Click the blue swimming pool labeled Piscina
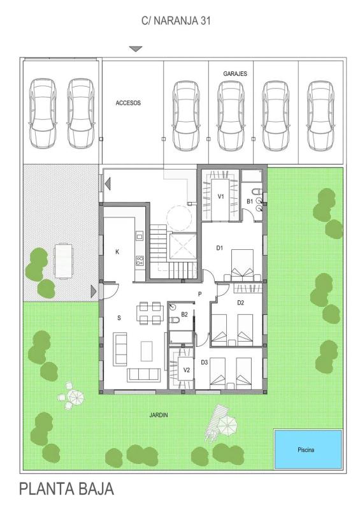pos(308,449)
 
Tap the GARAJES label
pos(235,74)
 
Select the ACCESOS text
pos(128,103)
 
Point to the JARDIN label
pos(159,415)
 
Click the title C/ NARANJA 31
pos(176,21)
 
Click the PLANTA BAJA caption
pos(67,489)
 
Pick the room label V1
pos(221,196)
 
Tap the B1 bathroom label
pos(249,201)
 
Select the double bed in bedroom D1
pos(242,265)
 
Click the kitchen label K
pos(117,252)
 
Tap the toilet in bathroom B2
pos(175,320)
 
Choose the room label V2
pos(186,370)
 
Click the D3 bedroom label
pos(204,362)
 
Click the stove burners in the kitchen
pos(140,260)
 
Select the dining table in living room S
pos(150,313)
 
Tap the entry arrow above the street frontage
pos(136,49)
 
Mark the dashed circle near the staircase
pos(179,218)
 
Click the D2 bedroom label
pos(240,303)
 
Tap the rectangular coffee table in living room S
pos(147,351)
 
